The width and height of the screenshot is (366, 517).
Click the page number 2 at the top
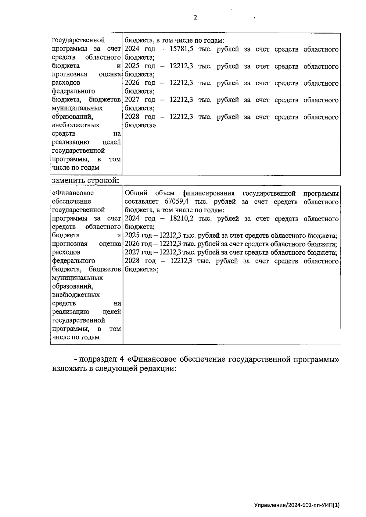coord(196,17)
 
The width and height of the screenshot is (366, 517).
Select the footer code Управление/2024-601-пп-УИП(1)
coord(297,505)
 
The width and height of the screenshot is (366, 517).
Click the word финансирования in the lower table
coord(208,193)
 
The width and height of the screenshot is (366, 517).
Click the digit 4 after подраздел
coord(122,359)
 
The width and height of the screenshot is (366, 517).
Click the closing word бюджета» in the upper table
coord(140,125)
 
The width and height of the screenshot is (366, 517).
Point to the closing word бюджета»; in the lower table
coord(141,269)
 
